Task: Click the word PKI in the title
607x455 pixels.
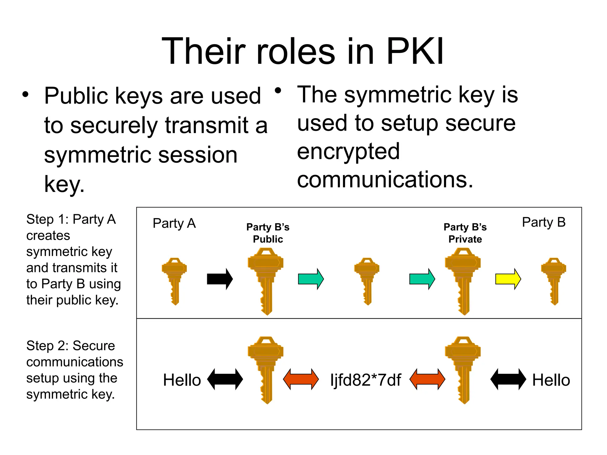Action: (415, 51)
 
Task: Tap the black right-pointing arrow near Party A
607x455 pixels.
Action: (220, 279)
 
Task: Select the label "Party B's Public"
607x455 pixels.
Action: (268, 233)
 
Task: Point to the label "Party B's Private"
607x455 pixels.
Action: (465, 233)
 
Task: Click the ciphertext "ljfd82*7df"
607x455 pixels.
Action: (365, 380)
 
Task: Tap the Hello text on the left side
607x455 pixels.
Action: (182, 380)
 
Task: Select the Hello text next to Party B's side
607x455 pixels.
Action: (551, 380)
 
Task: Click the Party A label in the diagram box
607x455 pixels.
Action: (174, 223)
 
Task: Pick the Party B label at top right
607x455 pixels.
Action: (544, 222)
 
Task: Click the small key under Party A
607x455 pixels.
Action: (174, 281)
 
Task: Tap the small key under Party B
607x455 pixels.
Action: (553, 281)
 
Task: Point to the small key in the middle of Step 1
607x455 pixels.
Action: (367, 281)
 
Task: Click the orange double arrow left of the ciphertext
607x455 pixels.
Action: (301, 379)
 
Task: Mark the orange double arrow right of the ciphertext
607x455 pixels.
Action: (427, 379)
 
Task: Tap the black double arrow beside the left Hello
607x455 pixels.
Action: (225, 379)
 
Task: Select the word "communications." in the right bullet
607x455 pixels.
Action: (385, 180)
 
